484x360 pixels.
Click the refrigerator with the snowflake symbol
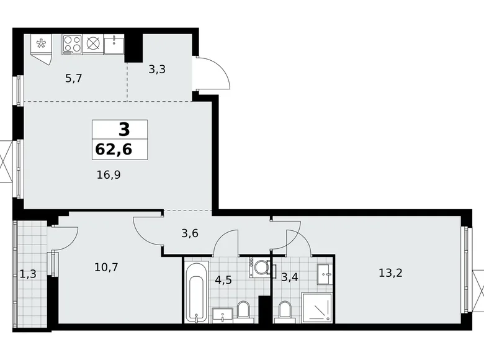[42, 45]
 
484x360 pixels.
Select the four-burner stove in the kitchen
[72, 43]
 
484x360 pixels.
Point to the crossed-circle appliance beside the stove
[93, 43]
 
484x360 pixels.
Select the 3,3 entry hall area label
[156, 70]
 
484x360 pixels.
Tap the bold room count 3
[124, 130]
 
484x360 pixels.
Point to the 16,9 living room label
[108, 175]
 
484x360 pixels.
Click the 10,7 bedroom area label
[105, 268]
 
